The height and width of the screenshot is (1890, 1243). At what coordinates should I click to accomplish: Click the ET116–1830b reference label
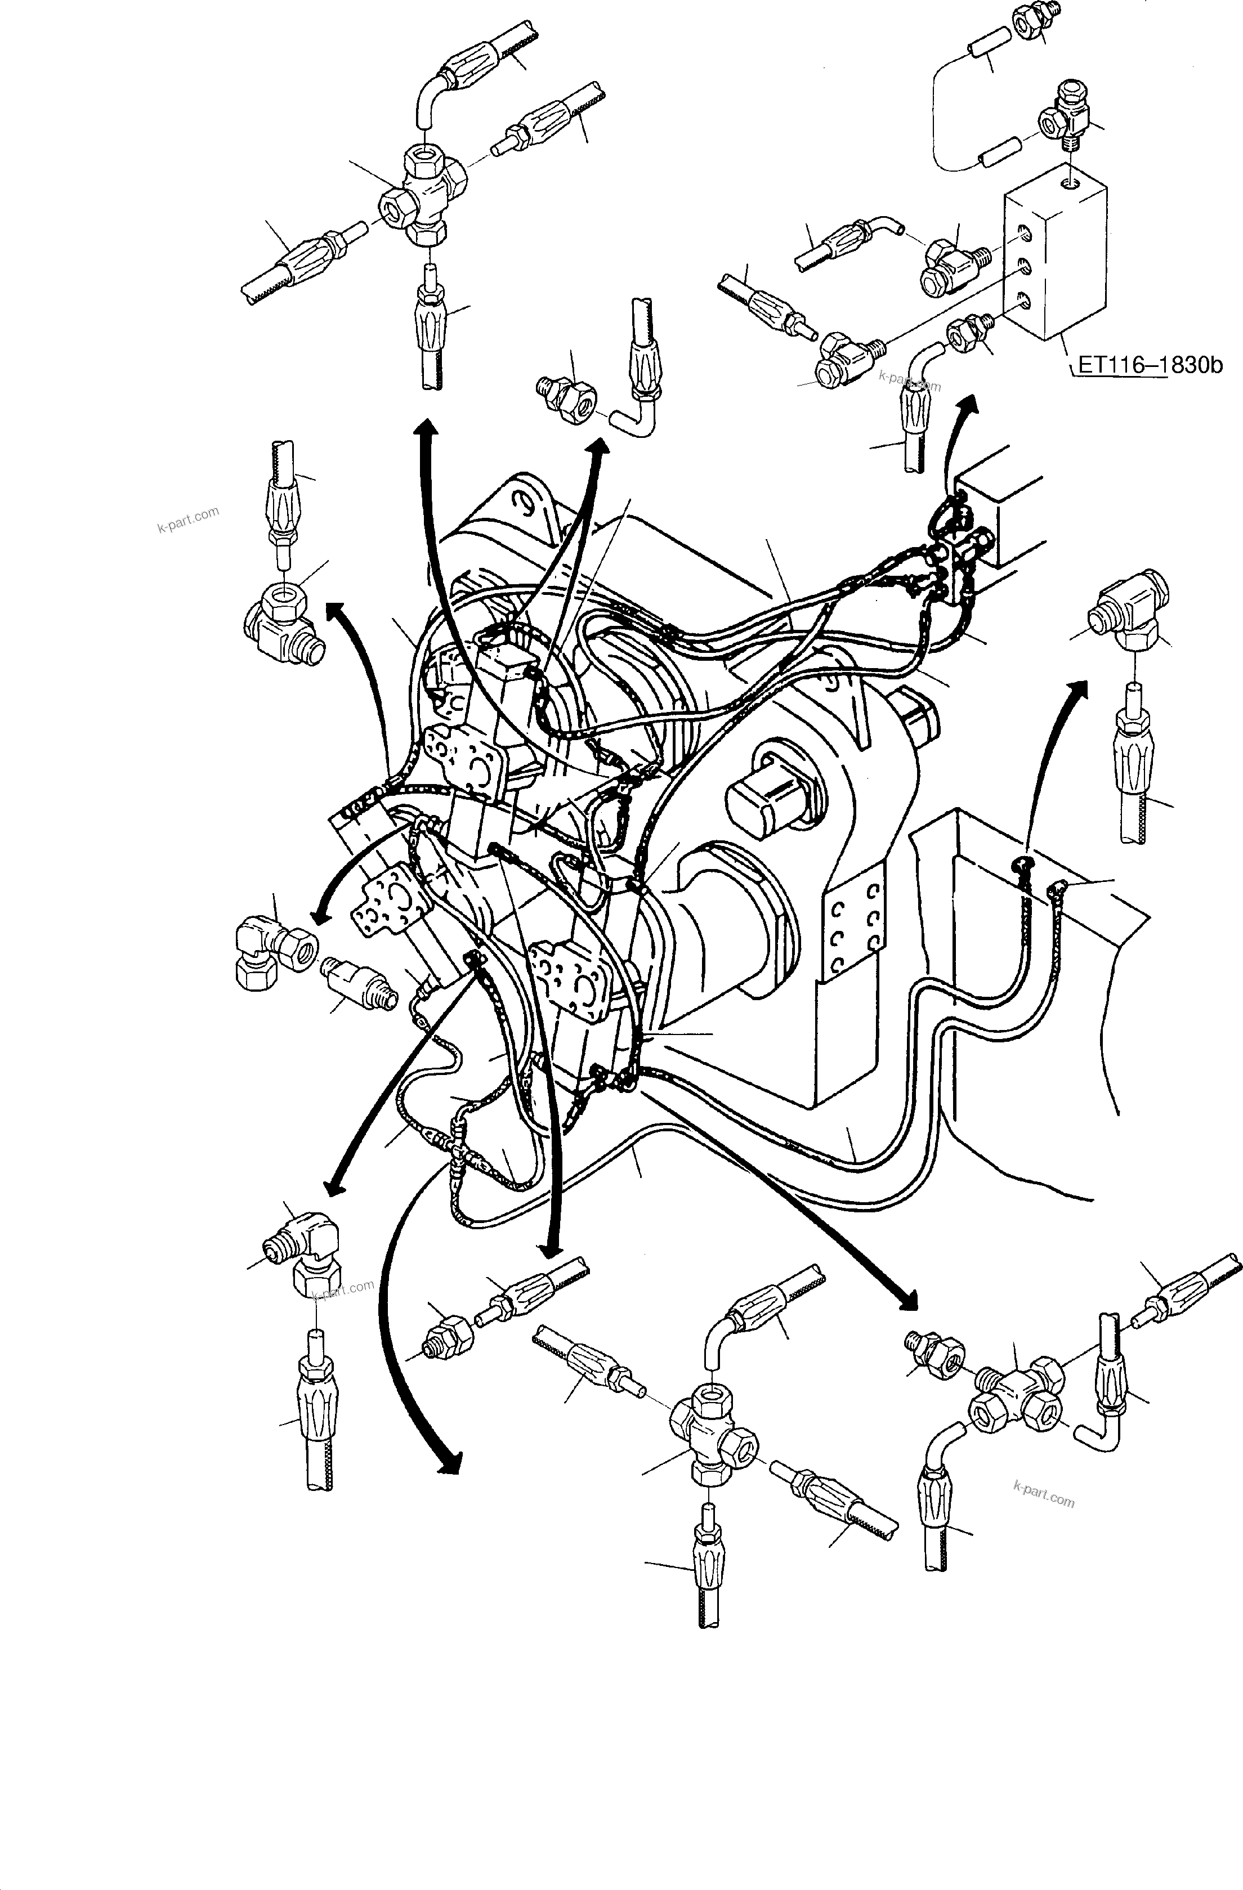point(1148,367)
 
